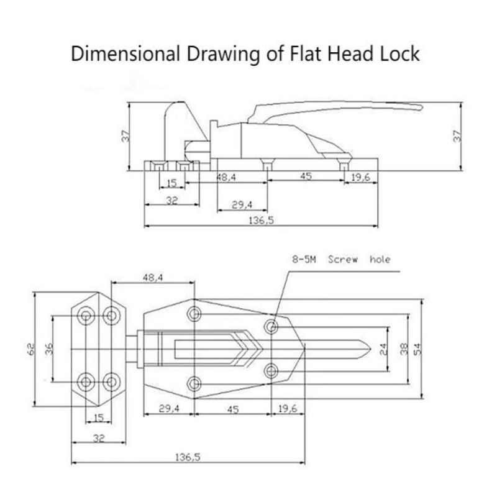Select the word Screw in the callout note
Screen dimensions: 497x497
pos(343,260)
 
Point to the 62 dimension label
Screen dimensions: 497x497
pos(32,349)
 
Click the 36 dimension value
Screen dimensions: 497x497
pos(49,349)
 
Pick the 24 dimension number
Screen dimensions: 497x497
pos(383,349)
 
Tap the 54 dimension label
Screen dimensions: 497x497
pos(418,349)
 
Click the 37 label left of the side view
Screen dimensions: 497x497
pos(126,136)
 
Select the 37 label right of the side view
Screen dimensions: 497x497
pos(457,136)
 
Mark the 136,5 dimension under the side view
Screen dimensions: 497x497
pos(261,220)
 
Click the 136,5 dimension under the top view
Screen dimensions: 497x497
pos(188,457)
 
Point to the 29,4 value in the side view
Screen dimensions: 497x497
pos(242,205)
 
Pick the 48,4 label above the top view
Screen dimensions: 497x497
pos(152,278)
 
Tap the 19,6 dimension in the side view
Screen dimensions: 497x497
pos(361,177)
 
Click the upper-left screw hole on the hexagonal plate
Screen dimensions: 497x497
pos(86,316)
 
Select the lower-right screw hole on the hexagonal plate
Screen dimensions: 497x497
pos(112,382)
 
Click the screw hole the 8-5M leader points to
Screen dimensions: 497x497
pos(271,326)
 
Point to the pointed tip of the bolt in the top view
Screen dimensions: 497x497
pos(370,349)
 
